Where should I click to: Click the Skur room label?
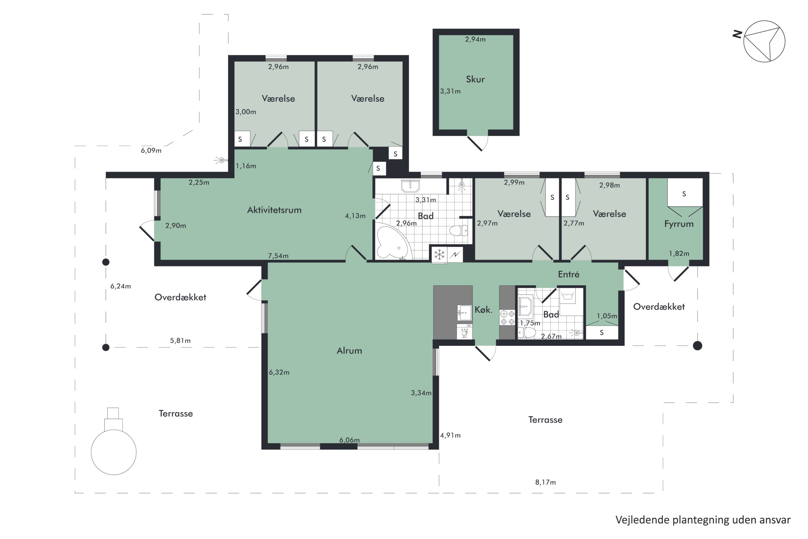click(x=475, y=80)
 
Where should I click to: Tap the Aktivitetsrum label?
click(x=274, y=210)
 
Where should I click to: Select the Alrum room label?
click(x=349, y=351)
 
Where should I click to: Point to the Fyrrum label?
click(x=679, y=224)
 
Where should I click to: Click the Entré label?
click(x=569, y=274)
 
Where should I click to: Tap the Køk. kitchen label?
click(x=483, y=309)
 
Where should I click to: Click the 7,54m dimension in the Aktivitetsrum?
click(x=278, y=256)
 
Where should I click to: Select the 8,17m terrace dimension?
click(x=545, y=482)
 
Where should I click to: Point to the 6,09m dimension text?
click(x=151, y=151)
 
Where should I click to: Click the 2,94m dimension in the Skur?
click(x=475, y=39)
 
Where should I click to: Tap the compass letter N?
click(x=737, y=34)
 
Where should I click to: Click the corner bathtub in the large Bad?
click(x=393, y=241)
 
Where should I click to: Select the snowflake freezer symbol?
click(x=439, y=255)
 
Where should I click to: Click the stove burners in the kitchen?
click(x=507, y=318)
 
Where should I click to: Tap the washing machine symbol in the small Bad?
click(x=567, y=297)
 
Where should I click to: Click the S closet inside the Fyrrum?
click(x=684, y=194)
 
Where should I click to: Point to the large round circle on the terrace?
click(x=114, y=452)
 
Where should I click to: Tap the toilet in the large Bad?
click(x=458, y=230)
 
